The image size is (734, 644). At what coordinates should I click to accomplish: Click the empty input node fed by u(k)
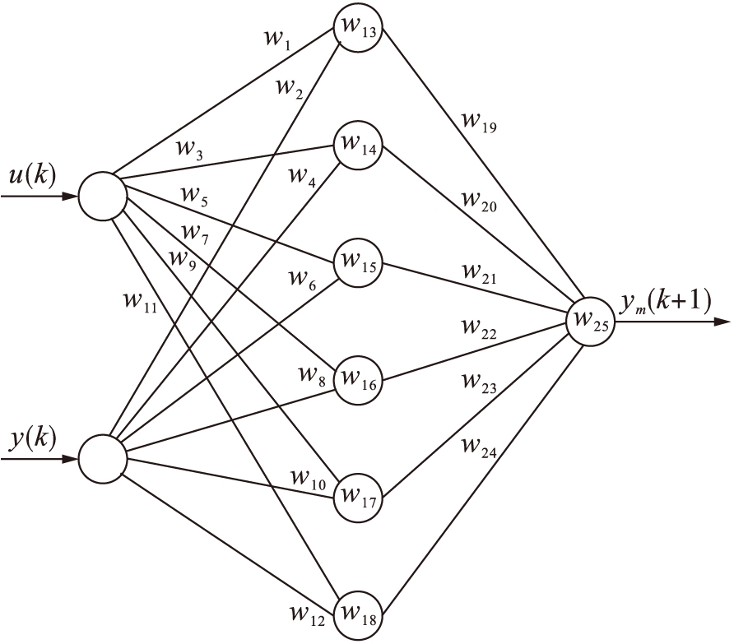(x=102, y=197)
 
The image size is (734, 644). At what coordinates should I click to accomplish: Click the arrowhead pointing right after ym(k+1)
(x=722, y=322)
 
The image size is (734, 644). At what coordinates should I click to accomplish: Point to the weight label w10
(x=306, y=478)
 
